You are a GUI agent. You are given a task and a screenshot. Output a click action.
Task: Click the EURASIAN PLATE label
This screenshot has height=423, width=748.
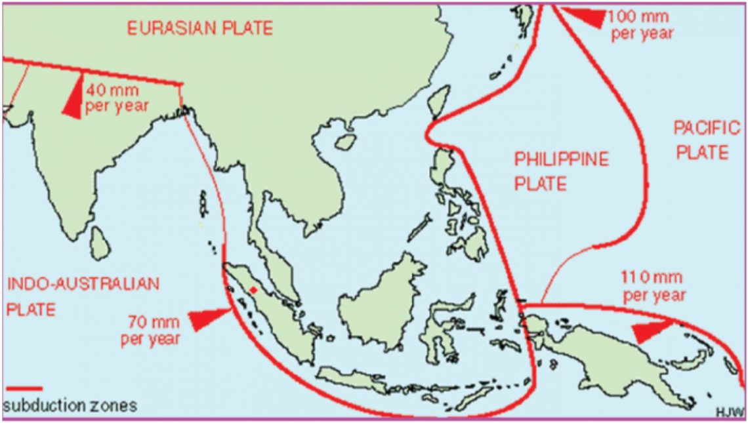coord(199,28)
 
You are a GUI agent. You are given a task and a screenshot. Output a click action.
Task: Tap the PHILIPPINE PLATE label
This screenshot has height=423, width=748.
coord(561,171)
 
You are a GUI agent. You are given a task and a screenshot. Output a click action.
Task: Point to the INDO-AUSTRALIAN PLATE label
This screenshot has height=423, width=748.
coord(83,296)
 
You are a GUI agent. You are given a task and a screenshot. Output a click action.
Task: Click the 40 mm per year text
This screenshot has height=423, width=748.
coord(117,96)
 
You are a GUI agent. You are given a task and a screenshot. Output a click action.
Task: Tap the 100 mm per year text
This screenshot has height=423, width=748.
coord(642,24)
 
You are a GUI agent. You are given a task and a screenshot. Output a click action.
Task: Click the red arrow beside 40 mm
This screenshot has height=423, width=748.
coord(73,96)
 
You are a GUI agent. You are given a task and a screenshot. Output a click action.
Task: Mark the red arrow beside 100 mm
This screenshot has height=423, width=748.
coord(585,17)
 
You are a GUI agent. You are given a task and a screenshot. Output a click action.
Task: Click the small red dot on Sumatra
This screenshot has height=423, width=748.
coord(253,289)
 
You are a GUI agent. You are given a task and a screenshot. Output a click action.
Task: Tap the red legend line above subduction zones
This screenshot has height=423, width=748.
coord(23,389)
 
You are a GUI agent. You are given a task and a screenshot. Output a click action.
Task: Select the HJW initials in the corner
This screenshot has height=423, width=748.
coord(731,411)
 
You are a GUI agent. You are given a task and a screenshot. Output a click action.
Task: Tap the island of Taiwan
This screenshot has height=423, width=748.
coord(438,102)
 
